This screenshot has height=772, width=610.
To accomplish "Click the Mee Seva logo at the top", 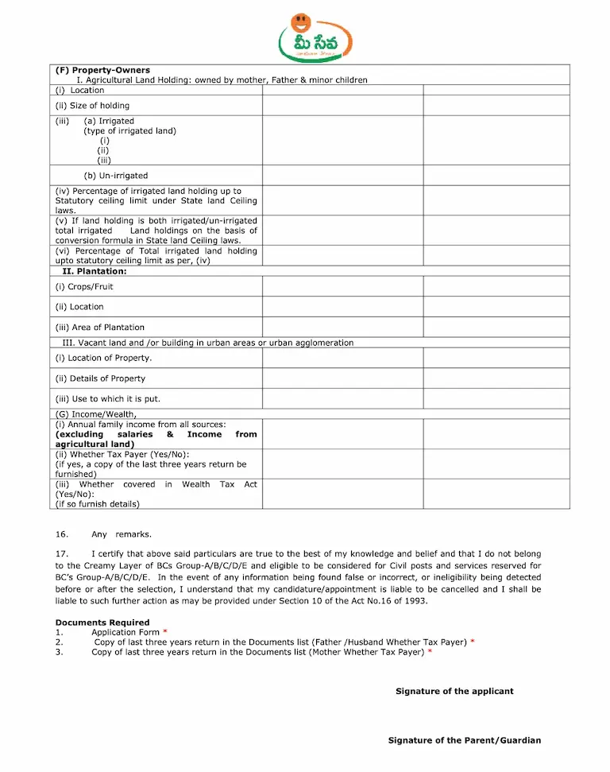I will click(x=315, y=37).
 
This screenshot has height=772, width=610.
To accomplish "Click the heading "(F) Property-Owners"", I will click(x=102, y=71).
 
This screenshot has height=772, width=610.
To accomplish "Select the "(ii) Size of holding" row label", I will click(x=92, y=106).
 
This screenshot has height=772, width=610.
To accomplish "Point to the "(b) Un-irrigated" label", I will click(x=116, y=176).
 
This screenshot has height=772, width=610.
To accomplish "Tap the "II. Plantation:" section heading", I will click(x=95, y=271).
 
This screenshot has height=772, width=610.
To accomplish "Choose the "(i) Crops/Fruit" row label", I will click(x=84, y=287).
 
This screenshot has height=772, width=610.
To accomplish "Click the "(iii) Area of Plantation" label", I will click(x=100, y=328).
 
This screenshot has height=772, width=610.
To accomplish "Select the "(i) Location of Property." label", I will click(x=104, y=358).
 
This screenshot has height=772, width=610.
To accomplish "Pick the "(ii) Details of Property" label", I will click(x=100, y=378).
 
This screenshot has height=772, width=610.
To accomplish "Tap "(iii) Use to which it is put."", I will click(x=107, y=399).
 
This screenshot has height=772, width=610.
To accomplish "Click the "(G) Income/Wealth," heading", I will click(x=96, y=414).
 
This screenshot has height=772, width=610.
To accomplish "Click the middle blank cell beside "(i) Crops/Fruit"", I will click(x=342, y=286).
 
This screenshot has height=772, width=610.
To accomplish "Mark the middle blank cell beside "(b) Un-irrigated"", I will click(x=342, y=176).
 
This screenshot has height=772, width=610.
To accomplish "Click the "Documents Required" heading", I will click(x=102, y=623).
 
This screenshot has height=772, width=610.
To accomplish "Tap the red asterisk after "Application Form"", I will click(x=165, y=632).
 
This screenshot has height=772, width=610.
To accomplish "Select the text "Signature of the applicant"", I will click(x=454, y=692).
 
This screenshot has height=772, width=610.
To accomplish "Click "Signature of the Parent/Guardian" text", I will click(x=465, y=740).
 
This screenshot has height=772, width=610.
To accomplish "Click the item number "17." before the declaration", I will click(x=61, y=553).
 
